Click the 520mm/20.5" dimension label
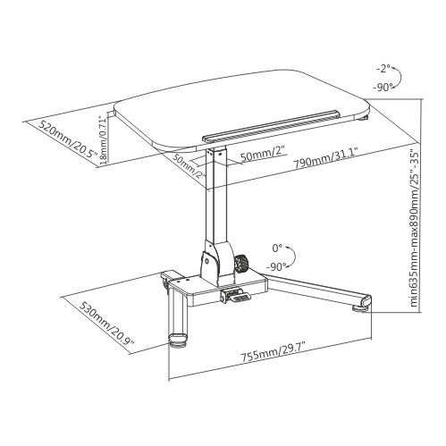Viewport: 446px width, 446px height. (69, 139)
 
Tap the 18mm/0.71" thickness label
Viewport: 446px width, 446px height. (103, 140)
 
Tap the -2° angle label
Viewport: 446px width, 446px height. (383, 69)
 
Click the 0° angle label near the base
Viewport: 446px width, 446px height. (277, 248)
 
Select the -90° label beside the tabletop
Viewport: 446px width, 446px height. (383, 88)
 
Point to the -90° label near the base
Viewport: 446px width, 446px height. (277, 266)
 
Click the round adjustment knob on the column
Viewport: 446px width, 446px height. (241, 264)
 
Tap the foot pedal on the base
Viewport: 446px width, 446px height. (236, 296)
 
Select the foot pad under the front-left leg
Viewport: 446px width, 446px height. (178, 341)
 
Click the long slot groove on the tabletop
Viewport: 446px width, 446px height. (271, 125)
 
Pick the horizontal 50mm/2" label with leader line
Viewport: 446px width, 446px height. (264, 156)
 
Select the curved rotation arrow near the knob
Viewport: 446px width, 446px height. (294, 256)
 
